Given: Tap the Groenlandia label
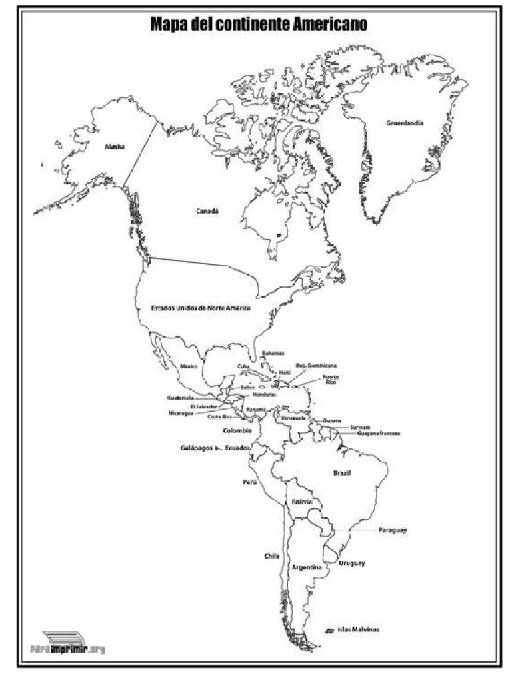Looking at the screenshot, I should click(404, 123).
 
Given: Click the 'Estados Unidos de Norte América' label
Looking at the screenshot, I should click(200, 308).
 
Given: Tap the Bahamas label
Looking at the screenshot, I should click(273, 352).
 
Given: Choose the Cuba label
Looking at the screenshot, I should click(244, 366).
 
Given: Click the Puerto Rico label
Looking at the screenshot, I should click(331, 380).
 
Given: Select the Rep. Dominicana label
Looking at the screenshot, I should click(317, 365).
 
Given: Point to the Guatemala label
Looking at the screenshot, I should click(181, 398).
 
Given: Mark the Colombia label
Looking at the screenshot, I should click(237, 430).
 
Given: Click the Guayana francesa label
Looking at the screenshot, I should click(379, 434).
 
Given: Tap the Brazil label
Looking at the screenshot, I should click(342, 473).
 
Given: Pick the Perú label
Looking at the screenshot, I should click(250, 482).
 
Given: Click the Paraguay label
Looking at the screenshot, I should click(393, 530).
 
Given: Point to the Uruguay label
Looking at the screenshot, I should click(351, 563).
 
